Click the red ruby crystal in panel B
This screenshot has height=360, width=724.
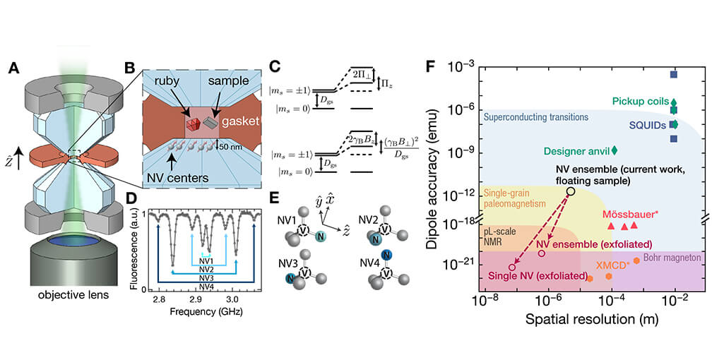coord(194,126)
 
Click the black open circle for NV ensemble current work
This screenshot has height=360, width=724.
coord(571,191)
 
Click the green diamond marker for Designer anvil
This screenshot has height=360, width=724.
coord(614,150)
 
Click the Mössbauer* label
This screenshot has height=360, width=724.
coord(625,212)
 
